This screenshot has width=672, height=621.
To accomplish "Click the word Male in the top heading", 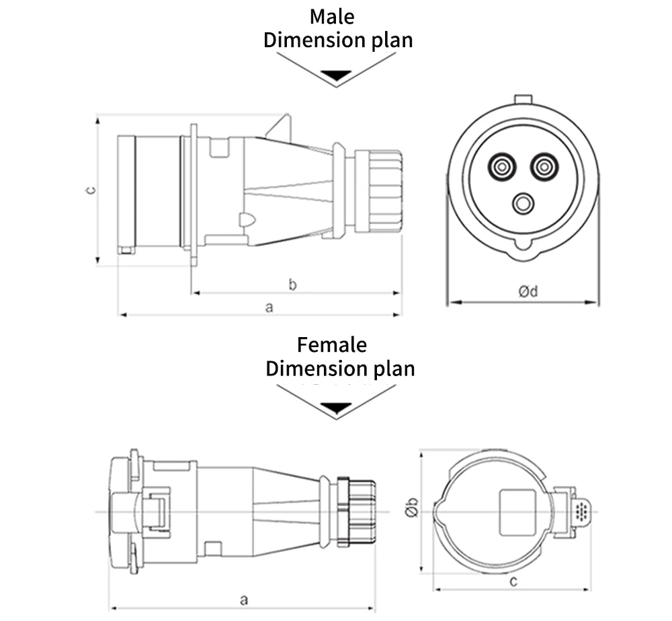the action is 332,17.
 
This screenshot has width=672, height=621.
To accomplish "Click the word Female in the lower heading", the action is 332,345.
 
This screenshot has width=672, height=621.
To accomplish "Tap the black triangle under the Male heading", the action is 337,75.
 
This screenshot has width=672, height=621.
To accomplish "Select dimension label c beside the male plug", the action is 91,190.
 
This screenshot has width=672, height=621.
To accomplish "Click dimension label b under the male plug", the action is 293,285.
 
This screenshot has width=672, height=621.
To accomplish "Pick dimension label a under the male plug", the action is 269,307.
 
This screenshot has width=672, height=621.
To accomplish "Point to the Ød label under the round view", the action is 528,291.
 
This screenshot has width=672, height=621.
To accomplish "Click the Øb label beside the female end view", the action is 412,507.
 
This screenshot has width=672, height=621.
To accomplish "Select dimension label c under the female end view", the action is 513,581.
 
